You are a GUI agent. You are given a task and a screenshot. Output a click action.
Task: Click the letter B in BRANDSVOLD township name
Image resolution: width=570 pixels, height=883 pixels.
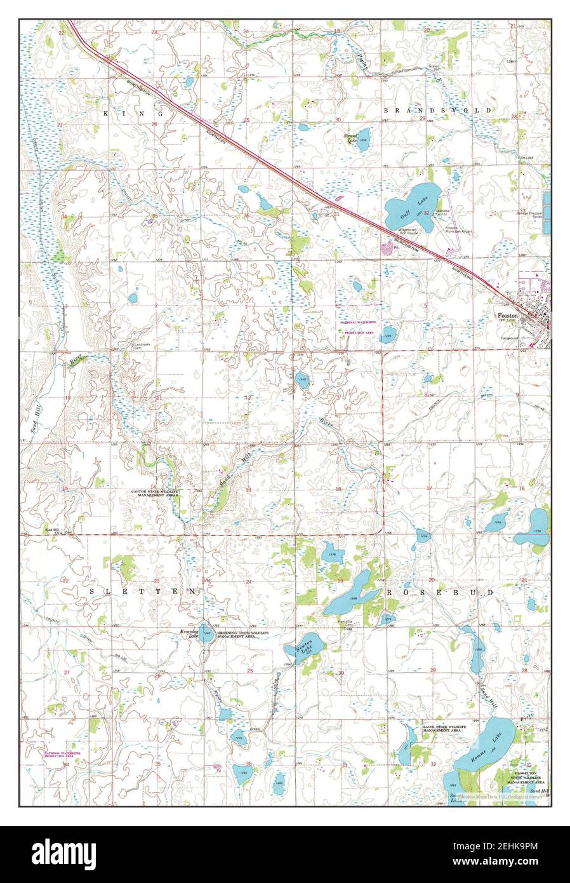tap(386, 110)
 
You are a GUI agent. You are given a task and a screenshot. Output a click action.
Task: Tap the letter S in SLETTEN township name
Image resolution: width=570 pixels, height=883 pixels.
tap(91, 591)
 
